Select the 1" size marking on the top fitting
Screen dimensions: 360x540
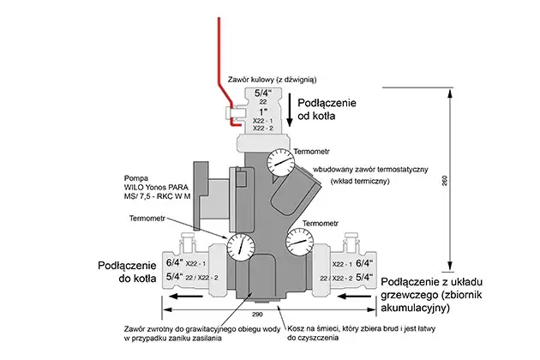point(261,111)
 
